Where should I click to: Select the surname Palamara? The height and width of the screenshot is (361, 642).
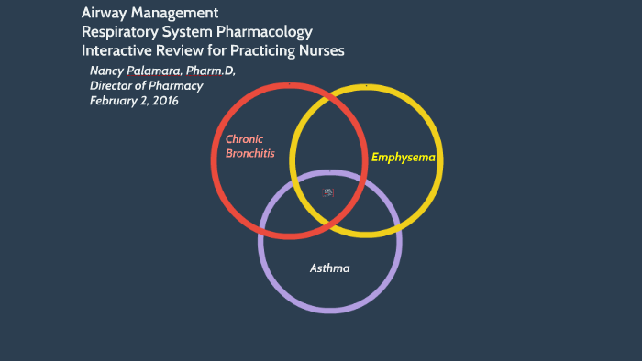[x=160, y=71]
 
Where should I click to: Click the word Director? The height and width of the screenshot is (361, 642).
[x=113, y=86]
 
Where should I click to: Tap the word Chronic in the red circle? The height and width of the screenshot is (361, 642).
[x=244, y=139]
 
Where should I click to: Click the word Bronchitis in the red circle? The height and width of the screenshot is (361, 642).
[x=250, y=153]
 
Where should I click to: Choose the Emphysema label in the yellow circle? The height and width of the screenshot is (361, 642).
[x=404, y=158]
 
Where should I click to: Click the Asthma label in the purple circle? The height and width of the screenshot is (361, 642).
[x=329, y=268]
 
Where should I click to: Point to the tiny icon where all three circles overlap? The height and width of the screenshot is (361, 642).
[x=328, y=192]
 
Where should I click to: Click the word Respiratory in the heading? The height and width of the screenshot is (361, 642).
[x=123, y=32]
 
